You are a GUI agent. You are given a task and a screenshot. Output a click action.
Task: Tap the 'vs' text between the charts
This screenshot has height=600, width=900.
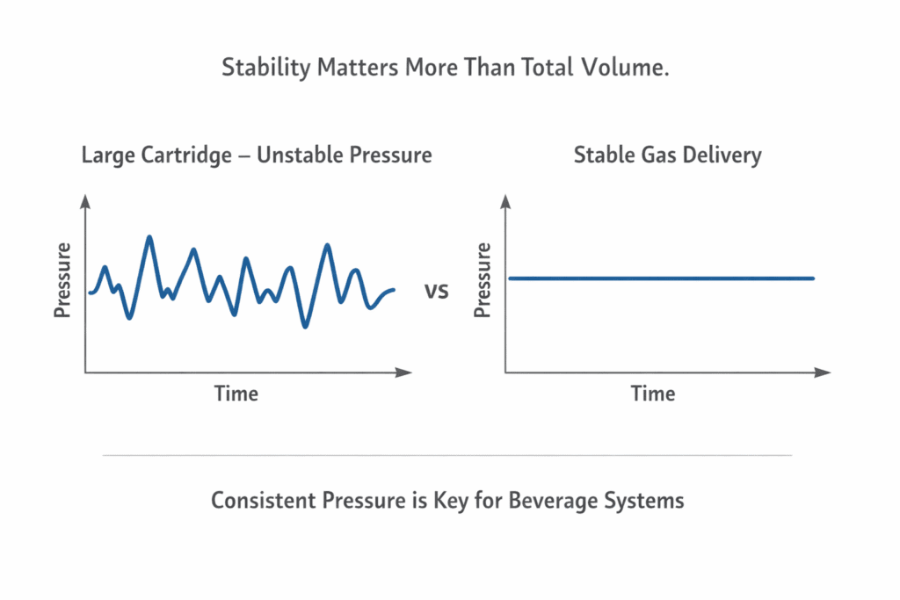tap(437, 290)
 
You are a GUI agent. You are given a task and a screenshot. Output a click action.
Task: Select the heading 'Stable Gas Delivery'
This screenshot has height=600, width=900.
tap(667, 155)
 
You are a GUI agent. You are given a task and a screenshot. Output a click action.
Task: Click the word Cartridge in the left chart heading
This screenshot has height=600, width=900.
tap(190, 155)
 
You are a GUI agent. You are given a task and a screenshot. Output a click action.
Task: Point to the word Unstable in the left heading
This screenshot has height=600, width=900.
tap(300, 155)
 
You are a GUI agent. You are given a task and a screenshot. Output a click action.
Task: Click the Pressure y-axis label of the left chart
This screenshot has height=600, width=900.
tap(62, 280)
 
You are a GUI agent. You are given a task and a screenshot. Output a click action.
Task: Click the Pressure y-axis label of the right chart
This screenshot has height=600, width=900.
tap(483, 280)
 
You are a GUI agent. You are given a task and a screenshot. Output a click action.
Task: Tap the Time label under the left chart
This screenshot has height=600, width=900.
tap(236, 394)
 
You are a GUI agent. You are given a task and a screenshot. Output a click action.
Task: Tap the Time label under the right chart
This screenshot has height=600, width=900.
tap(653, 394)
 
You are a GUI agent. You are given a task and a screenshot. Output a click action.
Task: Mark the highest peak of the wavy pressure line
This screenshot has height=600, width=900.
tap(149, 237)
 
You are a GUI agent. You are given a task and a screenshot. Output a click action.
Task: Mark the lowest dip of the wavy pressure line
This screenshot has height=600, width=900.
tap(305, 327)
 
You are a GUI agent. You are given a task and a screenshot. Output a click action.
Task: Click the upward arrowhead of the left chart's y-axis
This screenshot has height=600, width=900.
tap(85, 202)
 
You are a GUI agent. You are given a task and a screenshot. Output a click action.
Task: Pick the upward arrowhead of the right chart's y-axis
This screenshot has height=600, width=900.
tap(506, 202)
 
